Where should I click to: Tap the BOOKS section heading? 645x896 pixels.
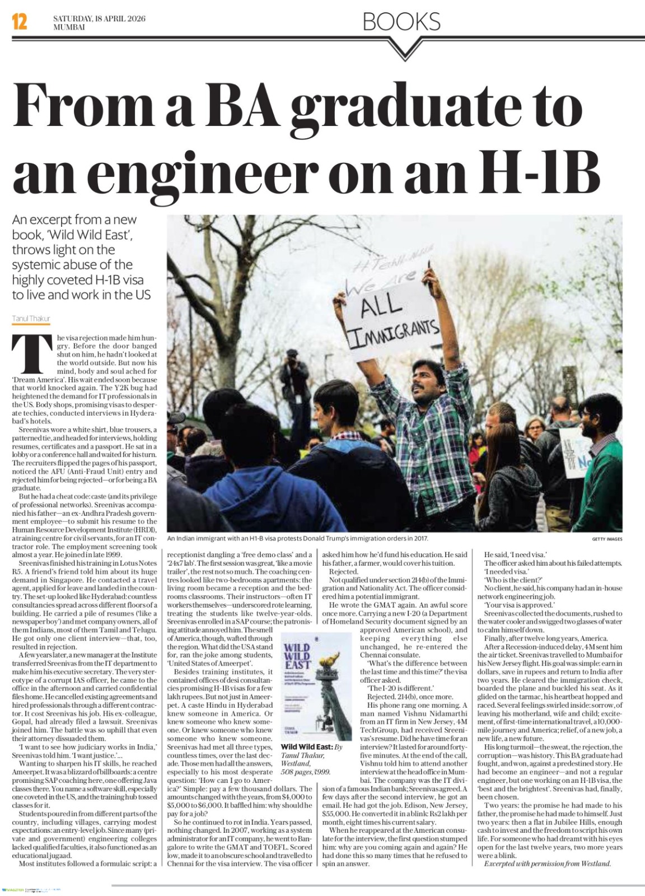[x=401, y=22]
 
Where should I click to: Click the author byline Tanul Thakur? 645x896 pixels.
[x=31, y=319]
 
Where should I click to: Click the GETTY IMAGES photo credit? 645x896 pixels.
[x=607, y=539]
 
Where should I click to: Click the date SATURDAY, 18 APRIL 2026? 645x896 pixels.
[x=99, y=18]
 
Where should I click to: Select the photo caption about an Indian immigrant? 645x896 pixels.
[x=297, y=538]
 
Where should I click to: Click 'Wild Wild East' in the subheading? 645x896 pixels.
[x=92, y=235]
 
